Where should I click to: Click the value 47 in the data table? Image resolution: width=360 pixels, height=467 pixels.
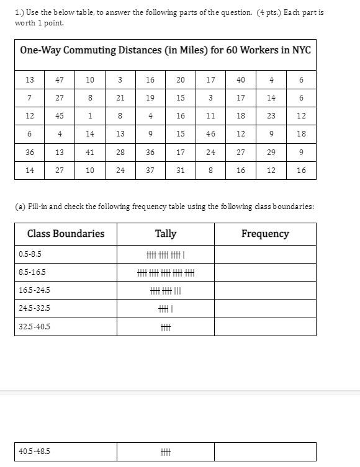pos(60,79)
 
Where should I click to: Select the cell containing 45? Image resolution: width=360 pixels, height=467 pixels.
pos(60,116)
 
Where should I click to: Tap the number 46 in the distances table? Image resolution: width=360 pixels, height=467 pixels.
pos(211,134)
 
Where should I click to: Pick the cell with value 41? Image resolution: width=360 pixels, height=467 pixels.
pos(90,152)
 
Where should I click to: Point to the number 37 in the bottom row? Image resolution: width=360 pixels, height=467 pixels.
pos(150,171)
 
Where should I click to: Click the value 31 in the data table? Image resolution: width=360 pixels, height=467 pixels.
pos(181,171)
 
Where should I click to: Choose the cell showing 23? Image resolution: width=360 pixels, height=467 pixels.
pos(271,116)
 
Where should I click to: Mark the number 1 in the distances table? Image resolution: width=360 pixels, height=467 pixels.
pos(90,116)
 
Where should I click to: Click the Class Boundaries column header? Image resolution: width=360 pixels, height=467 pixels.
pos(66,234)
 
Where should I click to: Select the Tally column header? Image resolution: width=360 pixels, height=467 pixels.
pos(166,234)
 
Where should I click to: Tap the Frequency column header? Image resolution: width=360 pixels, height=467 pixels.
pos(265,234)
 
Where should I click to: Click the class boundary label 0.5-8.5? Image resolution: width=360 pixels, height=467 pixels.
pos(30,254)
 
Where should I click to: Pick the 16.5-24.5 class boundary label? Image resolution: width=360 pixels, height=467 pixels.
pos(35,290)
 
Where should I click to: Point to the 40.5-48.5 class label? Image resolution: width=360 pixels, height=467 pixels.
pos(35,451)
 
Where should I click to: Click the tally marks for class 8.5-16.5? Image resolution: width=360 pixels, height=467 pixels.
pos(166,273)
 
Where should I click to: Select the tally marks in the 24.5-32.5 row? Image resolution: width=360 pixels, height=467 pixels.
pos(166,309)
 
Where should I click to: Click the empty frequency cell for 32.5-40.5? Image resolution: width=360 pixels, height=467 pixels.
pos(265,327)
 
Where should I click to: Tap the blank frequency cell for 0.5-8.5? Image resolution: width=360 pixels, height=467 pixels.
pos(265,254)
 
